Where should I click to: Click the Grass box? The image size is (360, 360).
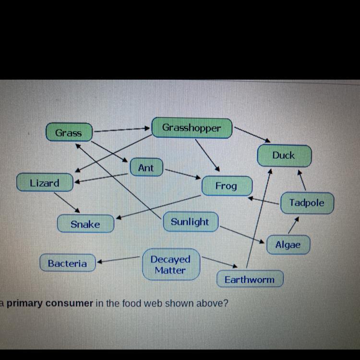point(69,132)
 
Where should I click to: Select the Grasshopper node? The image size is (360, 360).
point(192,128)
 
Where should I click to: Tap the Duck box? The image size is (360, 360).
point(284,155)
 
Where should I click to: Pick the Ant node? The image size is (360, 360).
point(146,168)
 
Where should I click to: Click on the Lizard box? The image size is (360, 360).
point(45,183)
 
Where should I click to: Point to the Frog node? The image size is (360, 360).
point(226,186)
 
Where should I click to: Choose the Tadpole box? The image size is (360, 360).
point(307,203)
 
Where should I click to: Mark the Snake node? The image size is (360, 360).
point(85,224)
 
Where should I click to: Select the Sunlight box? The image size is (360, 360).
point(190,222)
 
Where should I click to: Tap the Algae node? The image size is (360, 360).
point(288,245)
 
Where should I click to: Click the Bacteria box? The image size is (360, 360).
point(67,263)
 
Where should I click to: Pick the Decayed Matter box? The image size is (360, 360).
point(170,264)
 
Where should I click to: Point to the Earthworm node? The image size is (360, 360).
point(249,279)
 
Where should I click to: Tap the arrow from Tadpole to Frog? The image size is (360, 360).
point(264,200)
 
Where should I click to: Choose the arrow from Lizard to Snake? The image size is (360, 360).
point(66,202)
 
